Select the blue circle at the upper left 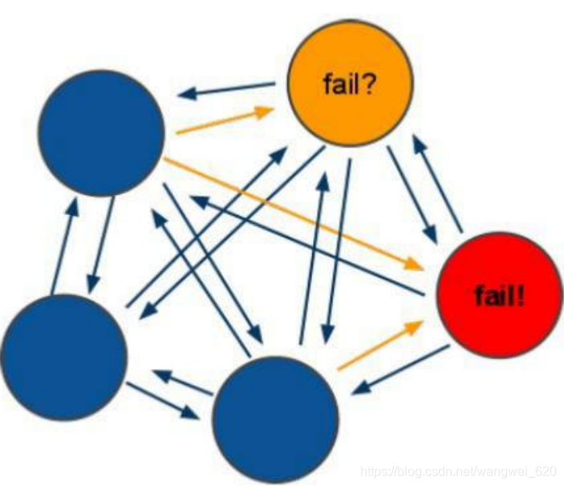click(101, 132)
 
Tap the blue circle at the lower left click(63, 356)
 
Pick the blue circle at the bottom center click(274, 419)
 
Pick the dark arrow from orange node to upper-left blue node click(228, 90)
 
